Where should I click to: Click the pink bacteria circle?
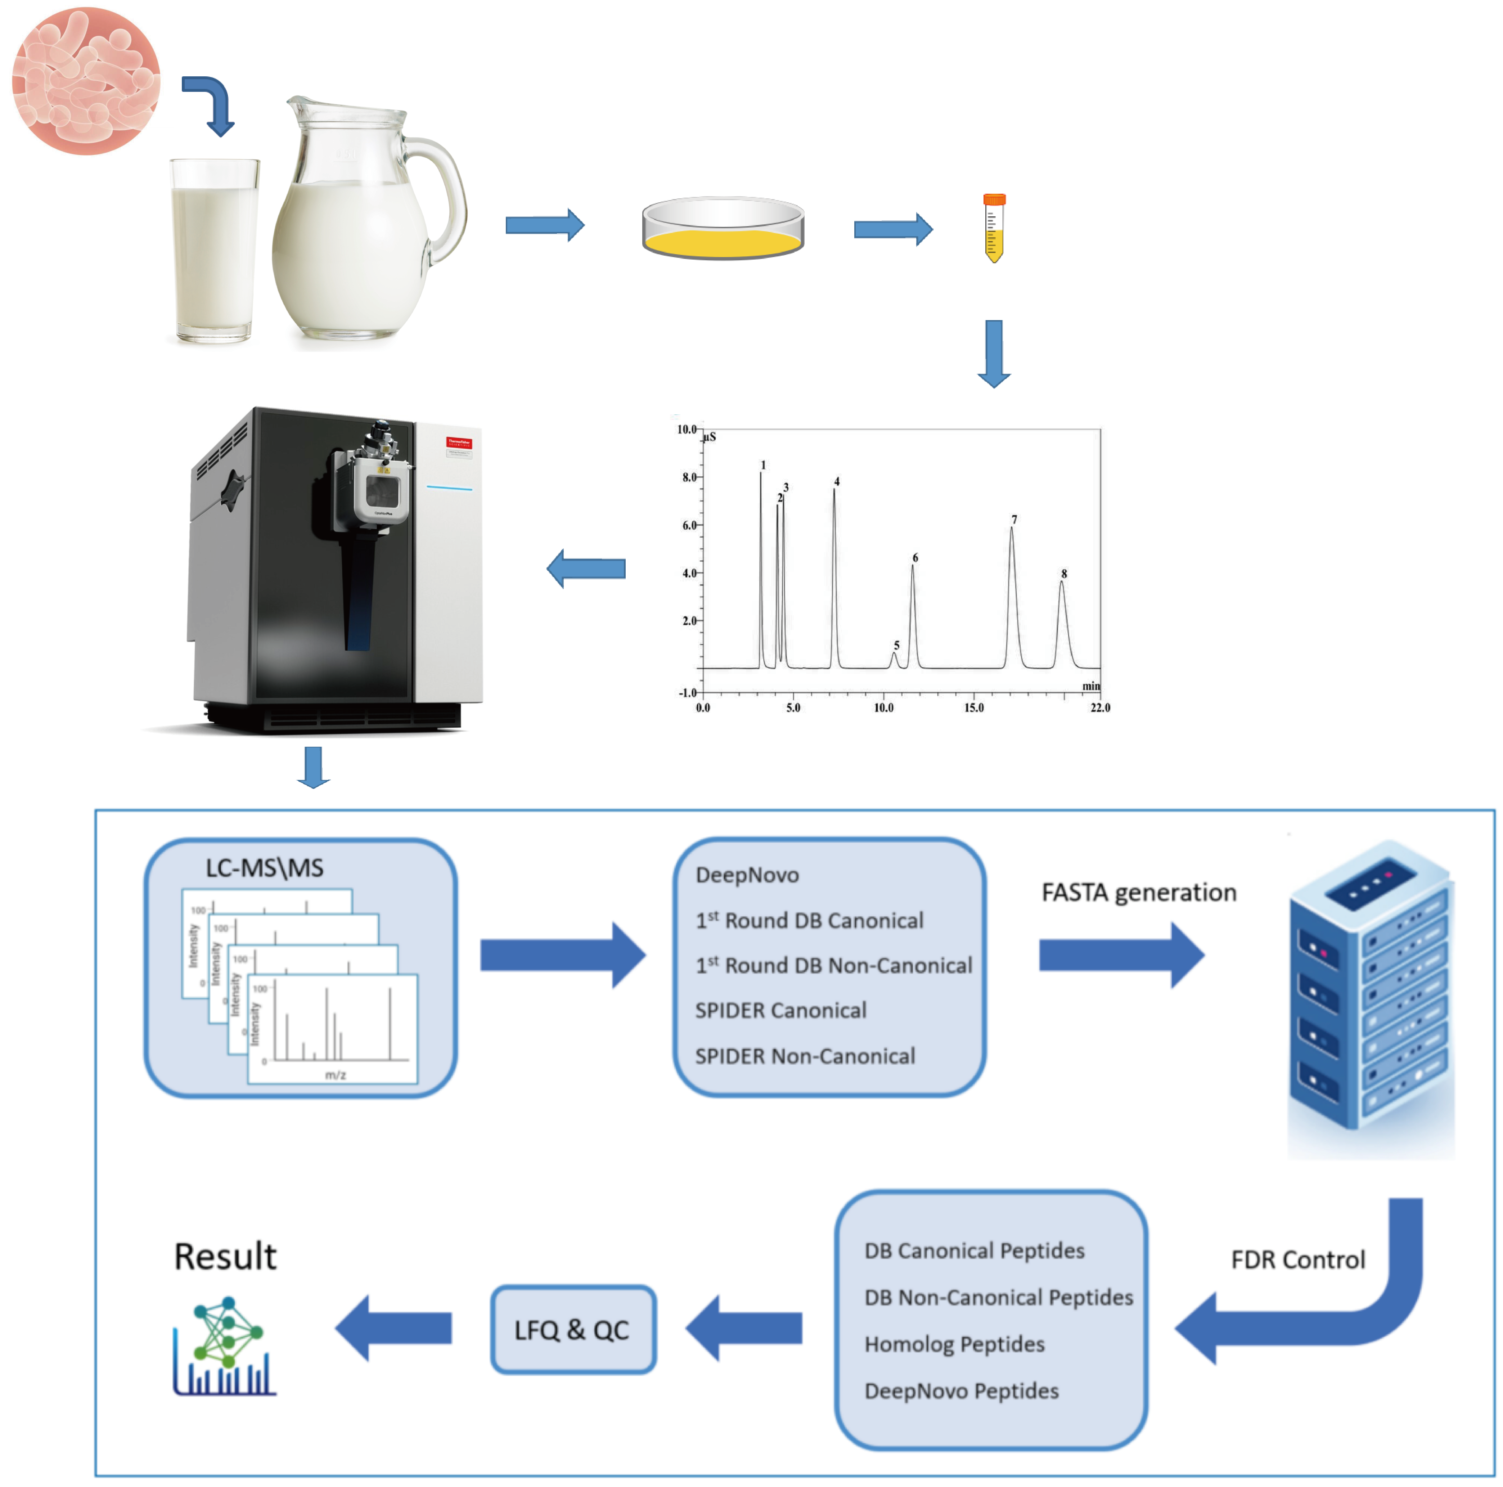[86, 81]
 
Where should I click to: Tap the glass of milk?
[214, 253]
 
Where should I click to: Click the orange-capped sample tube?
[994, 227]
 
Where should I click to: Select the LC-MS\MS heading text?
[265, 868]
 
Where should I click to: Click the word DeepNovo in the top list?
[747, 875]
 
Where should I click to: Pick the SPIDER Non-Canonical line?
[804, 1056]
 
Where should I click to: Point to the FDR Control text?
[1298, 1259]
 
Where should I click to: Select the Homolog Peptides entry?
[954, 1344]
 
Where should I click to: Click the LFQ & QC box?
[572, 1329]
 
